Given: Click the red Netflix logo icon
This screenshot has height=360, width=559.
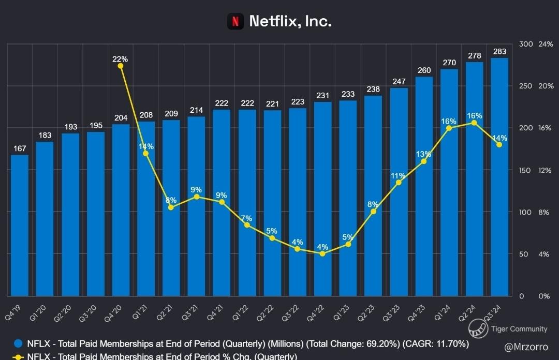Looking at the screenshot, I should (235, 21).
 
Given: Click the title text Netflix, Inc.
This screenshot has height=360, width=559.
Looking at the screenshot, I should (290, 21).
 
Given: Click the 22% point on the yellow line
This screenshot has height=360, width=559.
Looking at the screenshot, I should (121, 66).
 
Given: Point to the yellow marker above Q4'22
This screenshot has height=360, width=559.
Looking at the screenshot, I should (322, 253).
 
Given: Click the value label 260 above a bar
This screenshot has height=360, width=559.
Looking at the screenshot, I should (424, 70).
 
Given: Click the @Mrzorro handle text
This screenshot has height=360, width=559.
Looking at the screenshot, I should (526, 346).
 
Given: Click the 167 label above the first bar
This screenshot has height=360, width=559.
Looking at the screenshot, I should (20, 149).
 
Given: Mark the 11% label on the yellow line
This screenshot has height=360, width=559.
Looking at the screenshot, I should (399, 175).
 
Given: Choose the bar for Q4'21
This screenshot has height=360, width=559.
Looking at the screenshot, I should (222, 202).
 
